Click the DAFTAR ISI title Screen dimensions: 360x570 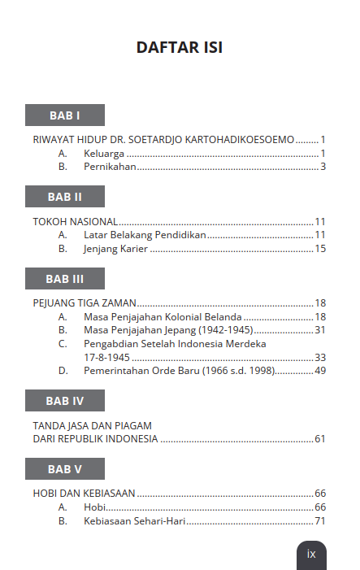point(180,48)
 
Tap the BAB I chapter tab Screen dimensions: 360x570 point(64,115)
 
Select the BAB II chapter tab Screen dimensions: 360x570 point(64,197)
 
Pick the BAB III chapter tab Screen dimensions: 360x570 point(64,279)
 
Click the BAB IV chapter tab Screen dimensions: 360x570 point(64,401)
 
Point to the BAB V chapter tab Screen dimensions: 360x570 point(64,469)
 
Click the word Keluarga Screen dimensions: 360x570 point(104,153)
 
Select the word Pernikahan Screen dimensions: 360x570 point(110,167)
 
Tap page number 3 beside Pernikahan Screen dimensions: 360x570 point(323,167)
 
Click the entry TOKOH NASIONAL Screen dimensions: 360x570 point(76,221)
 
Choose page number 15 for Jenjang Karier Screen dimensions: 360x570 point(320,249)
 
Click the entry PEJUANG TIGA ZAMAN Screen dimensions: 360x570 point(85,302)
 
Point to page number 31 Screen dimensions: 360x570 point(320,330)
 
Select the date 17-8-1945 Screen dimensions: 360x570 point(106,357)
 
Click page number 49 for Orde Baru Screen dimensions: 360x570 point(320,371)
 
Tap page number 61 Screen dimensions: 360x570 point(320,439)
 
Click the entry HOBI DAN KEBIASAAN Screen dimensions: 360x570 point(84,494)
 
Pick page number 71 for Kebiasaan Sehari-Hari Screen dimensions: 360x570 point(320,521)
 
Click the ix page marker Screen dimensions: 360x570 point(311,554)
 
